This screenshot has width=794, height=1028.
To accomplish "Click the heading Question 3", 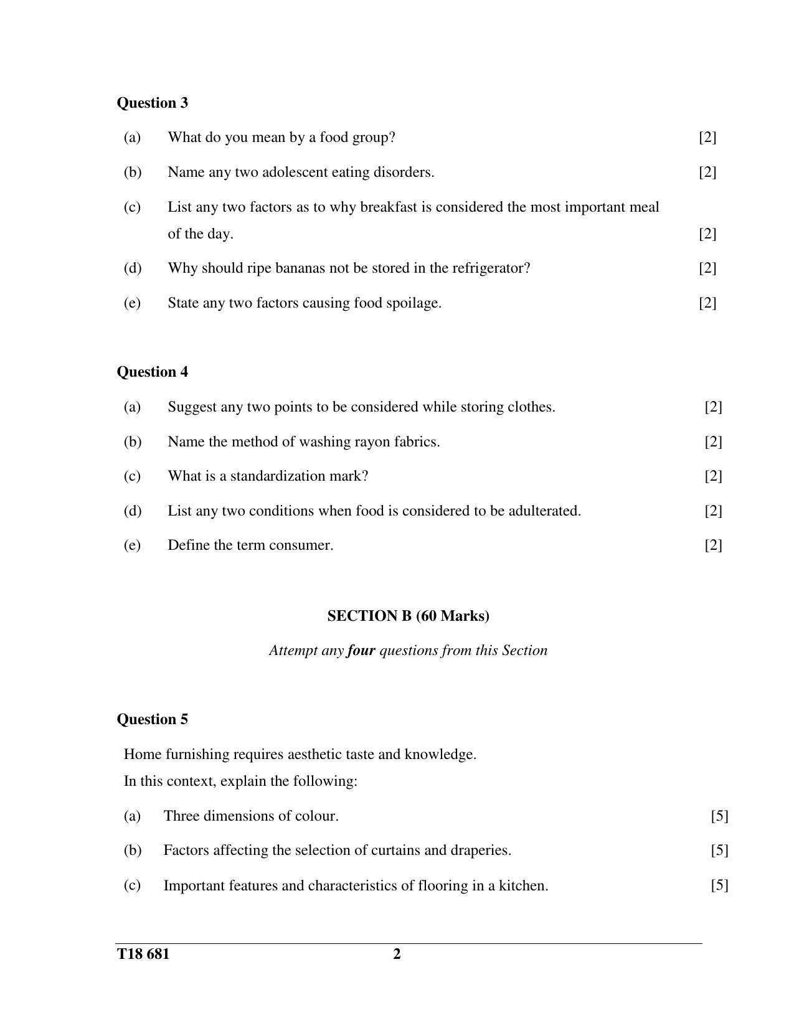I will point(152,103).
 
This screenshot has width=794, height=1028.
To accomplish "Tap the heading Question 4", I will point(152,372).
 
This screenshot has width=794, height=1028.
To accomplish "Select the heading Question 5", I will point(152,719).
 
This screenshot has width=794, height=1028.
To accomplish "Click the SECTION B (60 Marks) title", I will point(408,616).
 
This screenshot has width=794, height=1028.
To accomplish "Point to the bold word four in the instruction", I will point(361,651).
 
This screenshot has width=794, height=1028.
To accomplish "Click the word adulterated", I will point(544,511).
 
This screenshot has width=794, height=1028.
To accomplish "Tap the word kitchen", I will point(523,885).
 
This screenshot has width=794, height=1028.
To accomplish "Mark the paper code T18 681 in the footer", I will point(143,955).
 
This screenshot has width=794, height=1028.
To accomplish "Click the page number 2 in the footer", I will point(397,955).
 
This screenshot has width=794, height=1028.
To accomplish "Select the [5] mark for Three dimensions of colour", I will point(719,816).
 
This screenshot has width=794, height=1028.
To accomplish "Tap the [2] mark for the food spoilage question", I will point(707,303).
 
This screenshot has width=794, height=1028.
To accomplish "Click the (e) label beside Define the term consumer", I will point(132,545).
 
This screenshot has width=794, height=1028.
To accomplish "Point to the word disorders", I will point(403,172).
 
